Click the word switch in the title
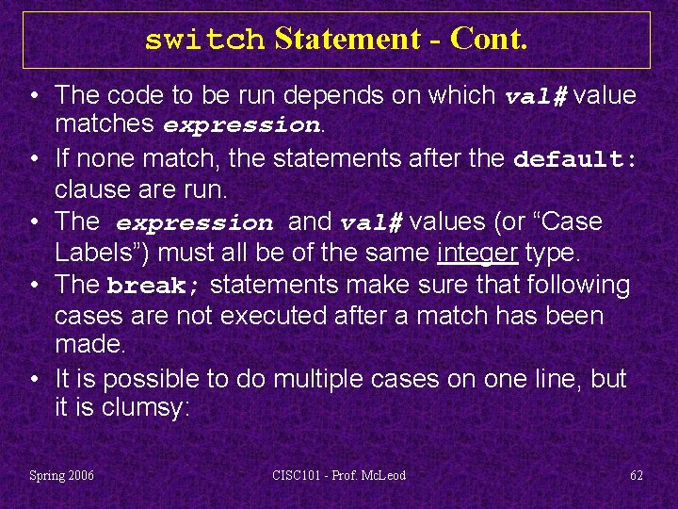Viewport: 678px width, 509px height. coord(205,40)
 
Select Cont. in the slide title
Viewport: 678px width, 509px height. coord(489,39)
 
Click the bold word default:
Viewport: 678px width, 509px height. coord(575,159)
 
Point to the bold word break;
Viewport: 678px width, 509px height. coord(155,286)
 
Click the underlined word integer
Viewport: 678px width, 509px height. coord(477,253)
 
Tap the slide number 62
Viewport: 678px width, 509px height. coord(637,475)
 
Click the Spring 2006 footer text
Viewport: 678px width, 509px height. coord(62,475)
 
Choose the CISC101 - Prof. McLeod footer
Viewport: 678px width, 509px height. coord(339,475)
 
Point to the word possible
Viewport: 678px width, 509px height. coord(146,379)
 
